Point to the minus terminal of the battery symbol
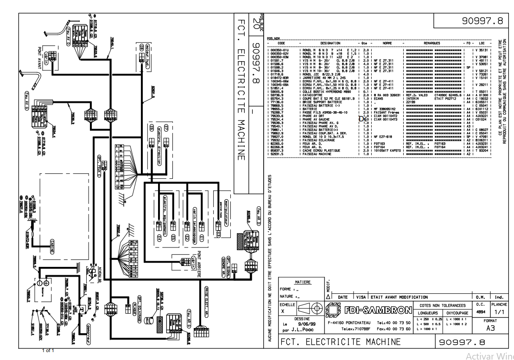pos(47,282)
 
